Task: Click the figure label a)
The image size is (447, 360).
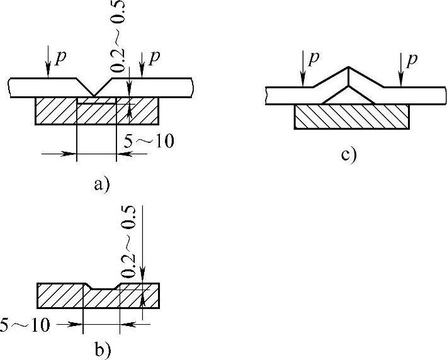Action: tap(101, 184)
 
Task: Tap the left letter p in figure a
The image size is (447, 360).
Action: tap(60, 57)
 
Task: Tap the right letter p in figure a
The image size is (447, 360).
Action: tap(154, 57)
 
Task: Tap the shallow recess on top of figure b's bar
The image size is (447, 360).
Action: tap(101, 288)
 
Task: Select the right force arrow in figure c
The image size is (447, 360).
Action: tap(400, 70)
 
